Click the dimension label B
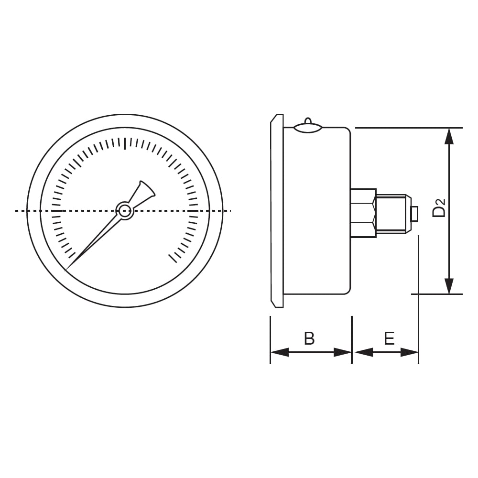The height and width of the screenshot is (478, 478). (x=309, y=338)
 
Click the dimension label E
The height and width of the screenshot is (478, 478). (x=389, y=338)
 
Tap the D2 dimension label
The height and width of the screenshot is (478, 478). (x=439, y=208)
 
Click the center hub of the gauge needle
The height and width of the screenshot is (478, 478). (x=124, y=210)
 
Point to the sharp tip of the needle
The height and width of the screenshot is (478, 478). (x=66, y=270)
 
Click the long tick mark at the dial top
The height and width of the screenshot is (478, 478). (x=125, y=143)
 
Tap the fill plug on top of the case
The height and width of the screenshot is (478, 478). (x=308, y=126)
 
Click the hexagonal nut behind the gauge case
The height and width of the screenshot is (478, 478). (x=363, y=213)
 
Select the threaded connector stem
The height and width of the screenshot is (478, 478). (x=391, y=214)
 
